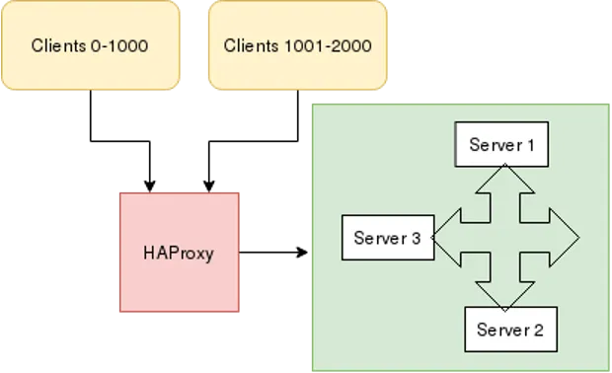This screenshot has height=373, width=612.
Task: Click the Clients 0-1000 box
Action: coord(91,45)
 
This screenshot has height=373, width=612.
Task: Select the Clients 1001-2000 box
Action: coord(297,45)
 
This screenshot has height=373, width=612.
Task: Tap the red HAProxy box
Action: coord(179,252)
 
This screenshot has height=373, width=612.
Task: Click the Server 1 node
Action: coord(500,145)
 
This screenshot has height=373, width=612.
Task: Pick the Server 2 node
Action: coord(510,330)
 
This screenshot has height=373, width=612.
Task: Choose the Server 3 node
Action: coord(387,238)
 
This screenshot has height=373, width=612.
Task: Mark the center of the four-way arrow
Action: coord(505,238)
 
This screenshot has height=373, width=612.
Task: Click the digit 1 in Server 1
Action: coord(530,145)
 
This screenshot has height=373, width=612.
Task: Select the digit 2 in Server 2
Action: coord(538,330)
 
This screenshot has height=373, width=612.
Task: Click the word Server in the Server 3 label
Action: coord(379,238)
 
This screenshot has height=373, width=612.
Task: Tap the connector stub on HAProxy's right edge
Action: coord(242,252)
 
